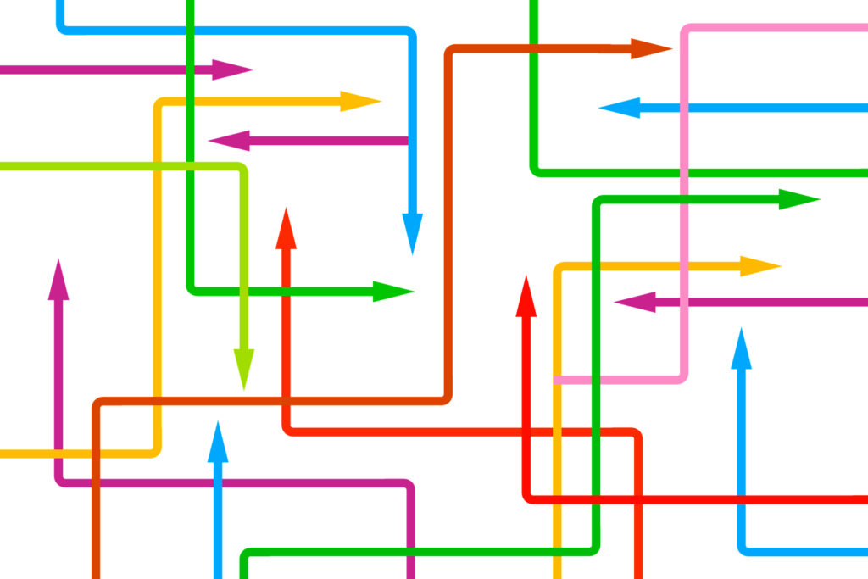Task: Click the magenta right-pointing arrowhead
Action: click(x=232, y=70)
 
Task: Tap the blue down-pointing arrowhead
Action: click(x=412, y=233)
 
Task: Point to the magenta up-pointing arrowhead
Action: click(x=58, y=280)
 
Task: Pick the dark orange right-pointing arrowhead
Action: click(x=651, y=48)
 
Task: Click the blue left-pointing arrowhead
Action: click(x=619, y=108)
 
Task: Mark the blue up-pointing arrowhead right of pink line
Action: click(x=742, y=348)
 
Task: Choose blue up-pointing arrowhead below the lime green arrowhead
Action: click(x=218, y=441)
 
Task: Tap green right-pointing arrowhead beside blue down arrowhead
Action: click(x=393, y=292)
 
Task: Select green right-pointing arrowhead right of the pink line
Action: click(x=798, y=200)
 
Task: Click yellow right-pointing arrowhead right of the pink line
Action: click(x=759, y=266)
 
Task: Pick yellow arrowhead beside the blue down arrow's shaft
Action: click(x=360, y=102)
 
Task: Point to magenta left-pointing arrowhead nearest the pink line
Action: click(x=635, y=302)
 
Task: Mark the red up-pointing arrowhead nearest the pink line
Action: click(x=526, y=297)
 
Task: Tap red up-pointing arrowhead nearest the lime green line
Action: click(x=286, y=228)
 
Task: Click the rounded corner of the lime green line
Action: click(x=242, y=169)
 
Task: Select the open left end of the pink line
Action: click(x=557, y=379)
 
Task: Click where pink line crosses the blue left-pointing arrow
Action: click(x=684, y=109)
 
